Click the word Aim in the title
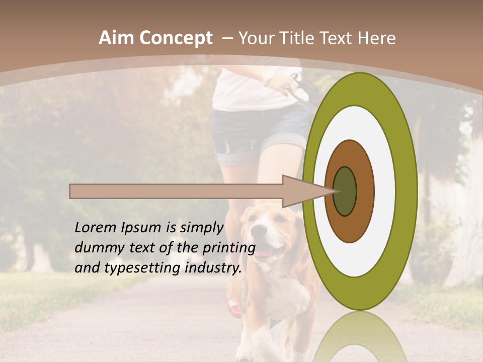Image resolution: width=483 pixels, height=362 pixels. (x=117, y=38)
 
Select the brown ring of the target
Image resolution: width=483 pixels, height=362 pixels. (x=365, y=191)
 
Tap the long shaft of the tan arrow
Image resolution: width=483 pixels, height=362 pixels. (x=176, y=191)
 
